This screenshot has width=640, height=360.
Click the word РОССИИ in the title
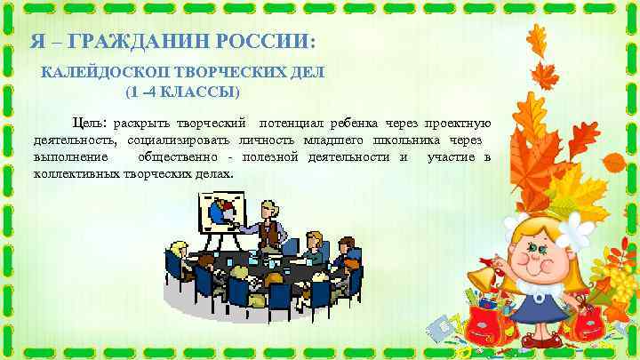point(266,42)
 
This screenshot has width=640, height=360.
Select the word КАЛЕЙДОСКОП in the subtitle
point(99,72)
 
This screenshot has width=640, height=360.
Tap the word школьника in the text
point(415,140)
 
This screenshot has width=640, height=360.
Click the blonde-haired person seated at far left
point(179,252)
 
